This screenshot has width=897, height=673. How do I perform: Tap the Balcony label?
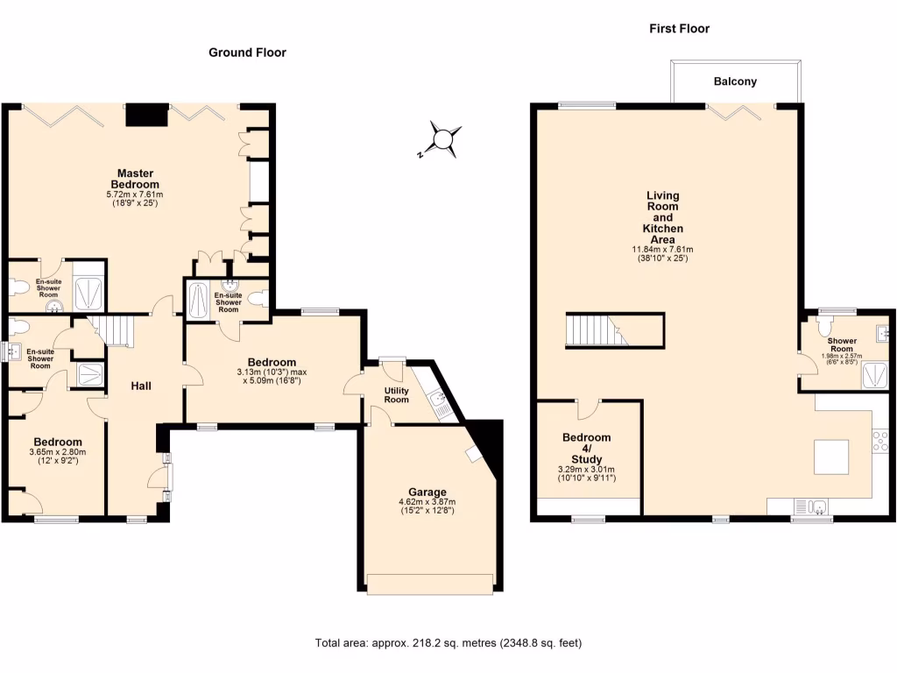[x=735, y=81]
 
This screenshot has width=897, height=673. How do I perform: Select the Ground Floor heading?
[x=247, y=53]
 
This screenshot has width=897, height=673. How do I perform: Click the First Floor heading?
[x=679, y=29]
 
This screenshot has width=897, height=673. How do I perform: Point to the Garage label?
[x=427, y=492]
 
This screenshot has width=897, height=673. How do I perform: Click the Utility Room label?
[x=397, y=395]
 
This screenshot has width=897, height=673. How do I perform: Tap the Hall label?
[x=143, y=386]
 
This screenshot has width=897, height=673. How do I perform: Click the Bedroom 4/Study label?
[x=586, y=448]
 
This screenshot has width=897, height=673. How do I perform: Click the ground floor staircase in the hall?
[x=114, y=331]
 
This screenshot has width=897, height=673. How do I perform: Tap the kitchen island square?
[x=830, y=457]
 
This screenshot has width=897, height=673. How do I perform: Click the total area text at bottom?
[x=448, y=643]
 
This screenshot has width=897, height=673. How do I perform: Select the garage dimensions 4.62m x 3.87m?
[x=427, y=502]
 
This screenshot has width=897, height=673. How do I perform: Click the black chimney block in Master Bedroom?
[x=146, y=116]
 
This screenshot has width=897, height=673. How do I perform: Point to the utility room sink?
[x=440, y=405]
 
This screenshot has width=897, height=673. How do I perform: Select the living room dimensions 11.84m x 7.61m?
[x=663, y=249]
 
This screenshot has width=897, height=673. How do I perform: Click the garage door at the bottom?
[x=429, y=584]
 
